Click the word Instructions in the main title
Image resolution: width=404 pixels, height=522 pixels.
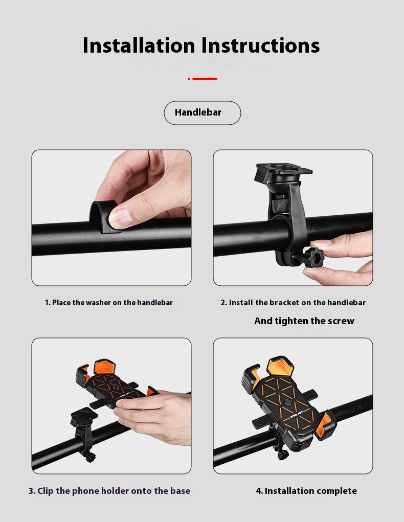click(x=260, y=46)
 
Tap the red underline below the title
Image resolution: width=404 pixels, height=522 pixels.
click(x=204, y=79)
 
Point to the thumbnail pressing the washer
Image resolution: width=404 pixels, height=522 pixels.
click(x=121, y=217)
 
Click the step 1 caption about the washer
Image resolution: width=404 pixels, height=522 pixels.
click(x=109, y=303)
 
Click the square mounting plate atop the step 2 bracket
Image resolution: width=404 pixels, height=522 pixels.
click(x=283, y=174)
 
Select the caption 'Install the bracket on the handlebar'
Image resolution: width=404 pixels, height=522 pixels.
click(x=293, y=303)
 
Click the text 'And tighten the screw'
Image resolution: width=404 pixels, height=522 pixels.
click(x=304, y=321)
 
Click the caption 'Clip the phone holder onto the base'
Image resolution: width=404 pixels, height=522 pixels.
click(x=109, y=491)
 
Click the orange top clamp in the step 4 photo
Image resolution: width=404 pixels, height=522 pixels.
click(x=281, y=367)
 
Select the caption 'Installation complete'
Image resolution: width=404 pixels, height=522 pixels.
click(x=306, y=491)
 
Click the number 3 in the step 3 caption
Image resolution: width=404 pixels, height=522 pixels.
click(x=31, y=491)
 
